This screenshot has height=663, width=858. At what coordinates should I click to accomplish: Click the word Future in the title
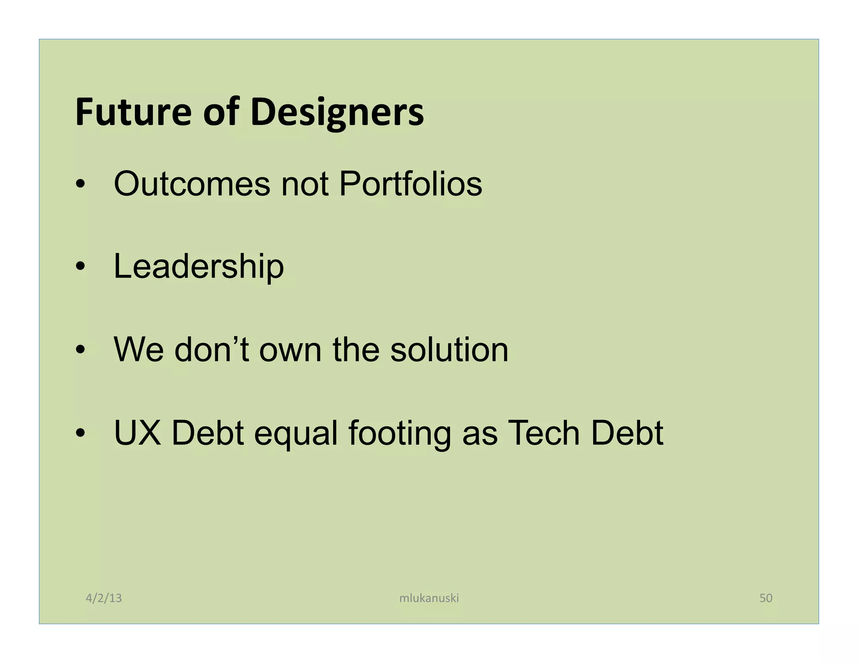click(133, 112)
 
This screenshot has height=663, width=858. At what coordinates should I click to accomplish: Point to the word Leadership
click(199, 267)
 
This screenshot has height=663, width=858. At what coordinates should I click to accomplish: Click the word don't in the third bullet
click(212, 350)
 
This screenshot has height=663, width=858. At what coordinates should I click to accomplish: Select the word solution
click(449, 350)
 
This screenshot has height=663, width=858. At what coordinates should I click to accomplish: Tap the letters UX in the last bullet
click(137, 433)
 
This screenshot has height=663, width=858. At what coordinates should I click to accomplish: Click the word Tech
click(543, 433)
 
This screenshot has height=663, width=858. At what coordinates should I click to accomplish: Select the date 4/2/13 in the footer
click(103, 598)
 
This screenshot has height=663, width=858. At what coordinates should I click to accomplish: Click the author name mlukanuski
click(429, 598)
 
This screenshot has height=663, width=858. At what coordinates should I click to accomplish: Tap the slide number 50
click(766, 598)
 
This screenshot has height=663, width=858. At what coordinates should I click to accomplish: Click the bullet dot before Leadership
click(80, 267)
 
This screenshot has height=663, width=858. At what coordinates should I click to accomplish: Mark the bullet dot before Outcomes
click(80, 184)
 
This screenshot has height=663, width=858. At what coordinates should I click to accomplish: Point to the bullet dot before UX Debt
click(80, 433)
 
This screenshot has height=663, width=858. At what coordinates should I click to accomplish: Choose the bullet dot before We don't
click(80, 350)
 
